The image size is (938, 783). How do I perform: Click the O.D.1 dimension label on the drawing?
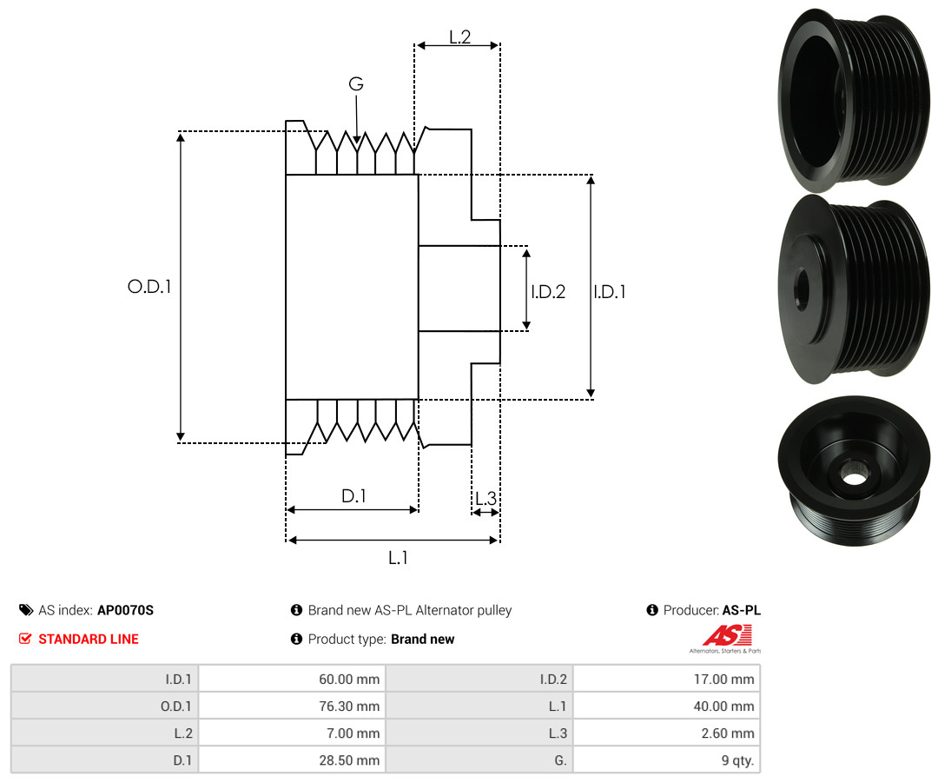(x=149, y=287)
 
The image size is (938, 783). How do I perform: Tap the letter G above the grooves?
(x=356, y=83)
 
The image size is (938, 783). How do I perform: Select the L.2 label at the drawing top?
(x=460, y=37)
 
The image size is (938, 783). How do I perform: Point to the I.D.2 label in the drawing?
(x=548, y=291)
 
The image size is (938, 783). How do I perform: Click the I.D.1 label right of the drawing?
(x=610, y=291)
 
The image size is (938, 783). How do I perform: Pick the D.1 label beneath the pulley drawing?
(x=353, y=495)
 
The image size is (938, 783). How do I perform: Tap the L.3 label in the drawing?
(x=486, y=498)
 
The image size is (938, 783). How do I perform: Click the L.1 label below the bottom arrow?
(x=398, y=558)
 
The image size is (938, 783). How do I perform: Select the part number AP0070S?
(x=126, y=610)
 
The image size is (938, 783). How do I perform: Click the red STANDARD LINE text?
(x=89, y=639)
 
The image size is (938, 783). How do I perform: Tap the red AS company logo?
(x=727, y=636)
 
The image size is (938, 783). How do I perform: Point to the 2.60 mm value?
(x=728, y=733)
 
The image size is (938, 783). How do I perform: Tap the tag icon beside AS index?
(x=26, y=610)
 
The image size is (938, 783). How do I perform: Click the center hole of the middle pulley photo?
(x=801, y=289)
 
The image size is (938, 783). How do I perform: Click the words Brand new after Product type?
(x=423, y=639)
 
